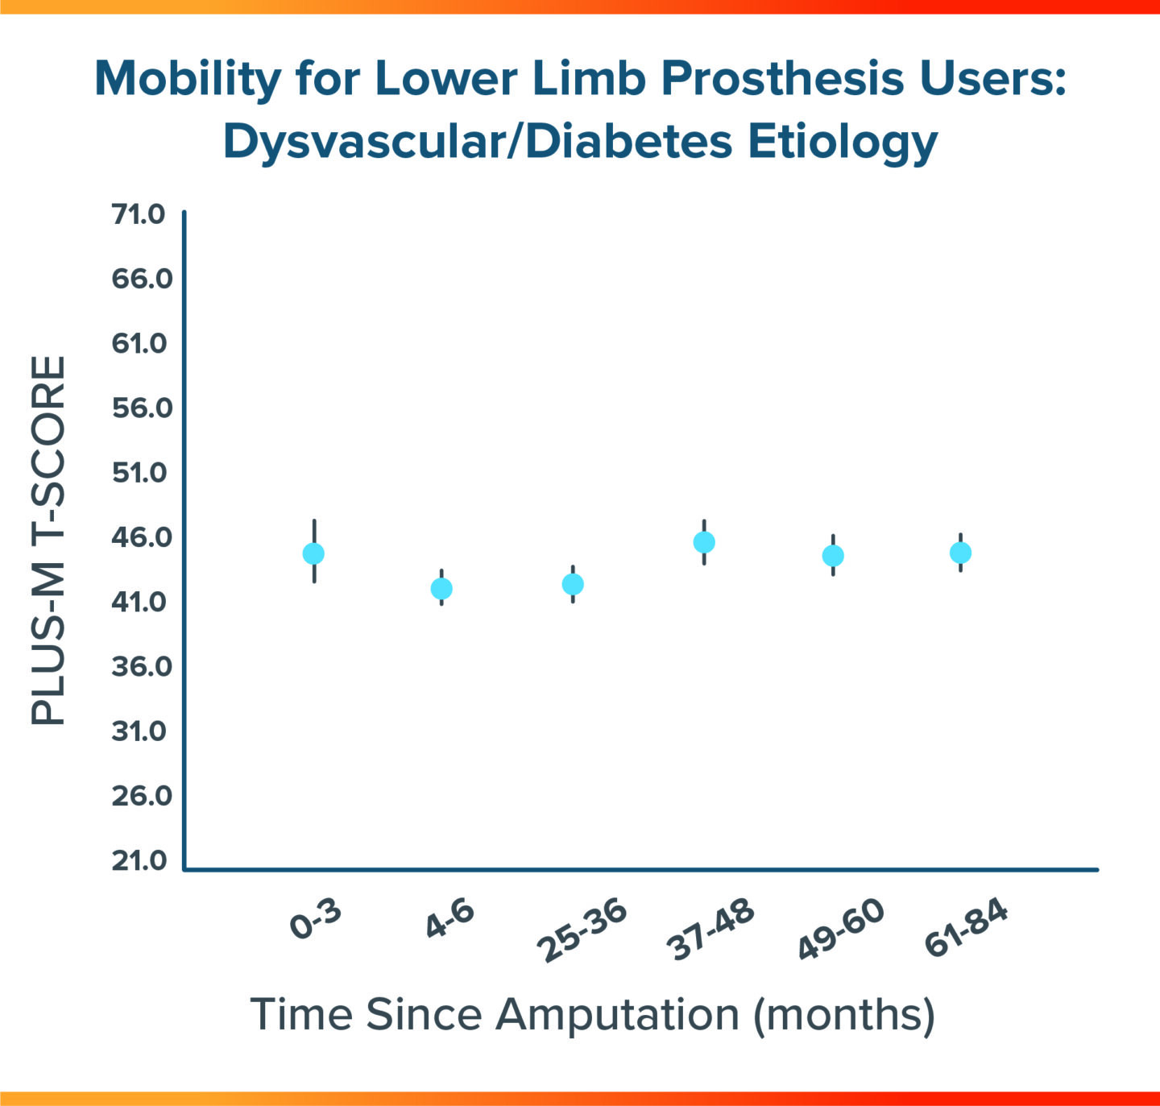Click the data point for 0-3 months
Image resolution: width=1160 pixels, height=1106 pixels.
313,553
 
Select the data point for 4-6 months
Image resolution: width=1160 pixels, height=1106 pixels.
441,589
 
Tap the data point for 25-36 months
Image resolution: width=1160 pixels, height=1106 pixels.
573,584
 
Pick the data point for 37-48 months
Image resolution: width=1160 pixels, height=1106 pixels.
704,542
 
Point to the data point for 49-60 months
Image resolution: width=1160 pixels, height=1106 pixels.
833,556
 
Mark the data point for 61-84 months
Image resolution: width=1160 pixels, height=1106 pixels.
960,553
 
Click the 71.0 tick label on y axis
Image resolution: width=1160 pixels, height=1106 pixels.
139,214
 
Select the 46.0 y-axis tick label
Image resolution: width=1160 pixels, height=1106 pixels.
142,537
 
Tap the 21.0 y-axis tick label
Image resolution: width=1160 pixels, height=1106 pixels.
139,860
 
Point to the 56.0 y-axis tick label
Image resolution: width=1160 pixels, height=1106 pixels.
142,408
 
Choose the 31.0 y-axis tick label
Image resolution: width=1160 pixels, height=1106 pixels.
139,731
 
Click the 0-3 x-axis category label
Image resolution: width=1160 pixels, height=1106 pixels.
316,920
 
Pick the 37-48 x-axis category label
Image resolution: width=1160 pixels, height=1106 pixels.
711,930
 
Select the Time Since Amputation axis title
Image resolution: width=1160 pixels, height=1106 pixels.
592,1014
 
